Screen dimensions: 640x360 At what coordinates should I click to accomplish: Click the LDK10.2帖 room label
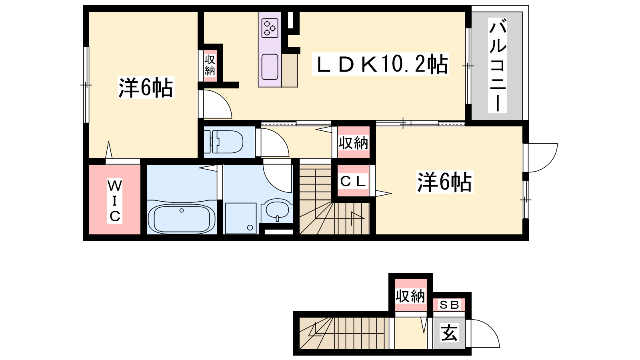click(x=380, y=64)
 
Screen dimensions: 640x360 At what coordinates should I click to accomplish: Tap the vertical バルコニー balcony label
click(x=498, y=65)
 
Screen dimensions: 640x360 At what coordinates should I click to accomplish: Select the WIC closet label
click(x=114, y=201)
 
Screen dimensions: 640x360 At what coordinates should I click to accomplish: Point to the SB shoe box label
click(x=449, y=305)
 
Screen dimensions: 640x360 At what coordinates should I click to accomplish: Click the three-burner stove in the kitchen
click(x=270, y=28)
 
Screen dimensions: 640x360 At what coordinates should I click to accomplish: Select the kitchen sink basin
click(x=270, y=67)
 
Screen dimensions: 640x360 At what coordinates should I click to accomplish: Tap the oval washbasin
click(x=277, y=210)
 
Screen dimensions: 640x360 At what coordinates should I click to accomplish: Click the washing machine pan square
click(x=240, y=218)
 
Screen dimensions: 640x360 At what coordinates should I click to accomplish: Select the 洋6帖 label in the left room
click(x=146, y=88)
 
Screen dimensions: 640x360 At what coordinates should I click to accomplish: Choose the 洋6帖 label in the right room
click(x=444, y=182)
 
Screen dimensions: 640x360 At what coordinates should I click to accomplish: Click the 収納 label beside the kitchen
click(x=210, y=65)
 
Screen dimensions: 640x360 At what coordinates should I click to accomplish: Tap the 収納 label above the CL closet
click(x=354, y=143)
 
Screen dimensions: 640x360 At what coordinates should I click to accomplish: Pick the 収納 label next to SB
click(x=410, y=296)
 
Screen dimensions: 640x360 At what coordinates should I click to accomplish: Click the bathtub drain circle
click(x=182, y=210)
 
